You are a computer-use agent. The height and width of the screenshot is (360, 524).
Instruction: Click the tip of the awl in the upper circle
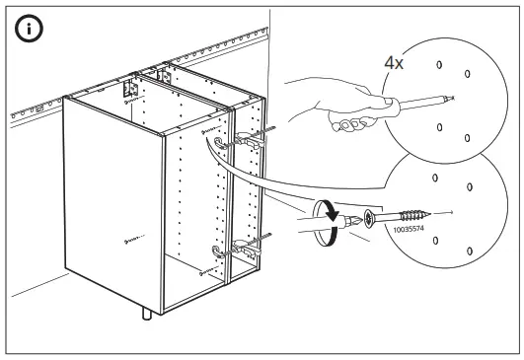450,99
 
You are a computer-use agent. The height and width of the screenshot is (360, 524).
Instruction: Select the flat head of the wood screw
369,217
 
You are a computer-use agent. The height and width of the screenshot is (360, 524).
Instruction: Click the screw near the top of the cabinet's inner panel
204,129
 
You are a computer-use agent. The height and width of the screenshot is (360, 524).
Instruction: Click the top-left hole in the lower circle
435,178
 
